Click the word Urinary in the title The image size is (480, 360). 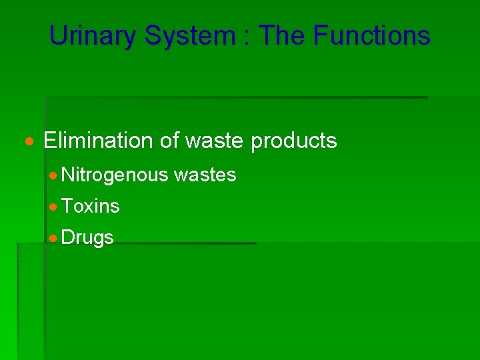93,35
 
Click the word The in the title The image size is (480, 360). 280,35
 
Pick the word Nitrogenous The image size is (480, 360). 114,175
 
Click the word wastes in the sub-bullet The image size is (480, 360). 205,175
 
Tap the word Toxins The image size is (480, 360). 91,207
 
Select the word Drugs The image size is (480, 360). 87,238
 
